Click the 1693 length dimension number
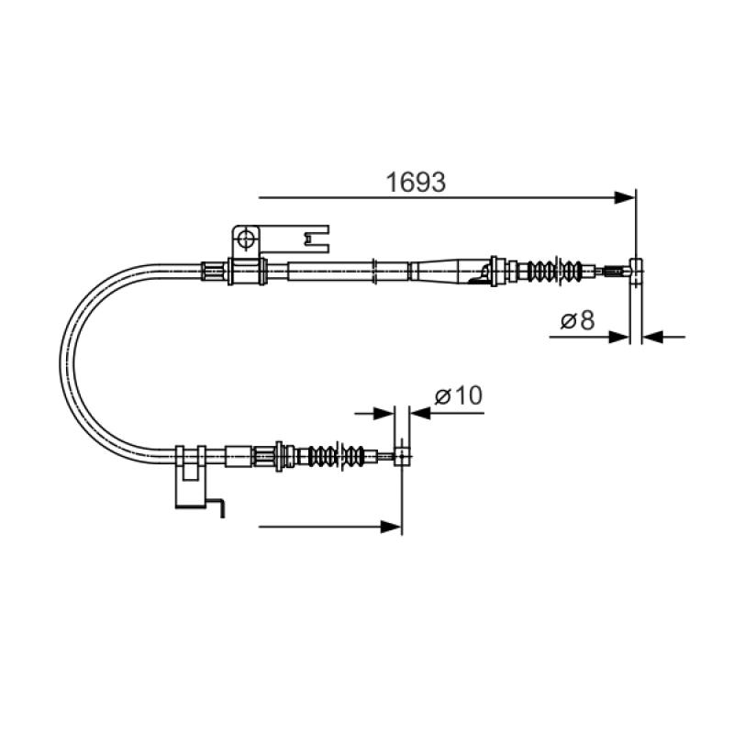416,182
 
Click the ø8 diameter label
578,320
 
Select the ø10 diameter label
458,396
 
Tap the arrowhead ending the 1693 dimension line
625,197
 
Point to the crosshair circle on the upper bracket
245,239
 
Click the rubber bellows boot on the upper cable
555,270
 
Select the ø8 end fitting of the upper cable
636,271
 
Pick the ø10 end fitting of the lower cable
402,455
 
